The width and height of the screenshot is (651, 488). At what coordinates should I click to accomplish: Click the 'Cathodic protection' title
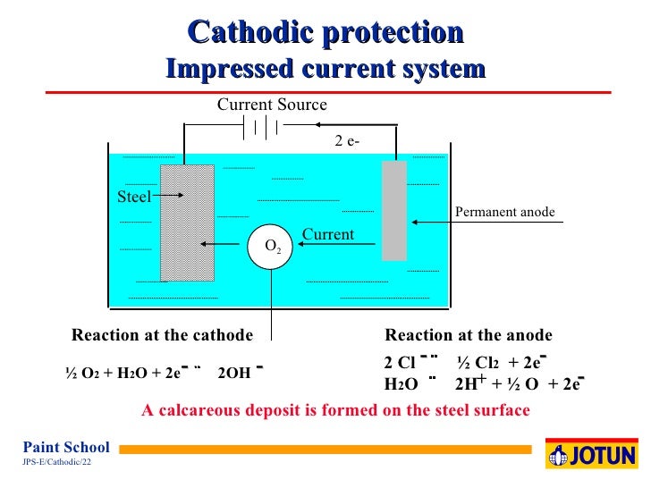click(x=326, y=33)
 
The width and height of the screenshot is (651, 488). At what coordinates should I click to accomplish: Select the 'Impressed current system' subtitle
click(x=326, y=69)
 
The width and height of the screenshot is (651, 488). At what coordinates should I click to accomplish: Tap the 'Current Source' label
click(x=272, y=105)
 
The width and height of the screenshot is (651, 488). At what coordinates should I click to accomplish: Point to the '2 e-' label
click(x=348, y=140)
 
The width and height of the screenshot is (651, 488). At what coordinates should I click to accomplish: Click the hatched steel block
click(x=187, y=223)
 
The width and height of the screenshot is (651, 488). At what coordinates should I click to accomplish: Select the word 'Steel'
click(x=134, y=197)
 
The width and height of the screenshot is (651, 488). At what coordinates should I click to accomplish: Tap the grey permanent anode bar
click(x=394, y=211)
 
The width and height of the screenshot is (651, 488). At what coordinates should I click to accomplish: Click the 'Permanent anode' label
click(x=505, y=212)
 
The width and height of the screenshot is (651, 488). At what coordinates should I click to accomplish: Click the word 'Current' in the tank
click(x=328, y=235)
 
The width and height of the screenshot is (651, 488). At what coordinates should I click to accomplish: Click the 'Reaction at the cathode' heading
click(x=162, y=336)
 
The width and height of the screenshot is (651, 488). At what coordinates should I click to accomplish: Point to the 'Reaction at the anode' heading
click(x=469, y=336)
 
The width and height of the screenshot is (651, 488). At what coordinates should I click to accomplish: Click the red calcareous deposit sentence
click(x=336, y=411)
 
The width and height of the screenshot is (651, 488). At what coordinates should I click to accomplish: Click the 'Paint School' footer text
click(x=66, y=448)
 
